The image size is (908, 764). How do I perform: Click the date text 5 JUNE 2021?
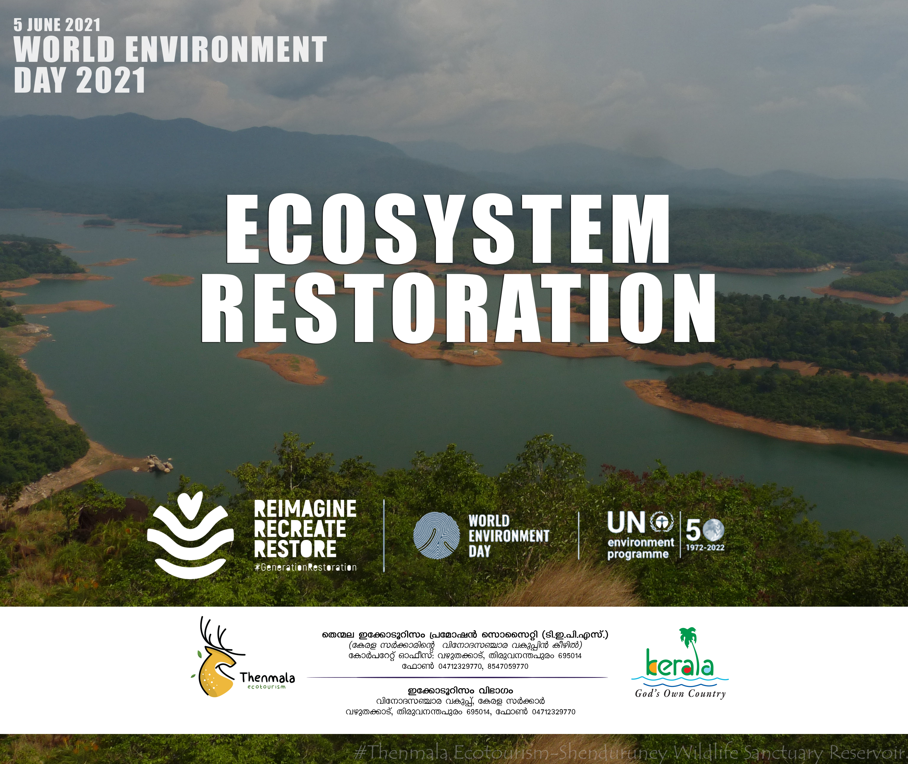(x=57, y=25)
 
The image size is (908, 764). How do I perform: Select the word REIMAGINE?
(x=305, y=509)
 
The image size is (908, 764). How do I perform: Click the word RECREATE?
(x=300, y=529)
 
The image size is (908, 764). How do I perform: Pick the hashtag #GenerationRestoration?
(x=305, y=567)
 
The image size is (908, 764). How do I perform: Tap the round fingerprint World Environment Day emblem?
(x=436, y=536)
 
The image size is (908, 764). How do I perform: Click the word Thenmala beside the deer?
(x=267, y=677)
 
